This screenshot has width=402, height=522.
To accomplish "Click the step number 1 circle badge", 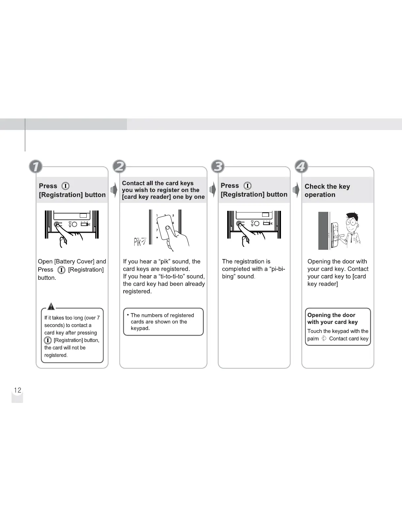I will click(36, 166).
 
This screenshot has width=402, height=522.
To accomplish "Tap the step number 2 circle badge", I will click(119, 166).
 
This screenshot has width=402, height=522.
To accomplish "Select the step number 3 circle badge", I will click(218, 166).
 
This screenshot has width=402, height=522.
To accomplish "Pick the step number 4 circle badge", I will click(301, 166).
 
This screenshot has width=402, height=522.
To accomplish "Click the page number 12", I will click(17, 390).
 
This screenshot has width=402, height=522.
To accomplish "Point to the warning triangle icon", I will click(51, 307).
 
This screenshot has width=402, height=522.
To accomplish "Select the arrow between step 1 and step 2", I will click(114, 190).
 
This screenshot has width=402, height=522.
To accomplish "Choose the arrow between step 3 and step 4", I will click(296, 190).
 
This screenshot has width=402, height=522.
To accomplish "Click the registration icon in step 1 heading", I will click(66, 186).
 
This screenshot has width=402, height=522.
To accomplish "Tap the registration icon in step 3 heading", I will click(247, 186).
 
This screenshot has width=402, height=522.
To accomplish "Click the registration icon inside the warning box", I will click(48, 340).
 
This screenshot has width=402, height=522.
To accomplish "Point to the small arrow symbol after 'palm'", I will click(324, 339).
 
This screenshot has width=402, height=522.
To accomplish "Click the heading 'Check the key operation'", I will click(327, 190).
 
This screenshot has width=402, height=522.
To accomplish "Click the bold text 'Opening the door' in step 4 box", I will click(331, 315).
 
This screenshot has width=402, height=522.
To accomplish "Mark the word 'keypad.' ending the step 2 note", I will click(140, 328).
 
